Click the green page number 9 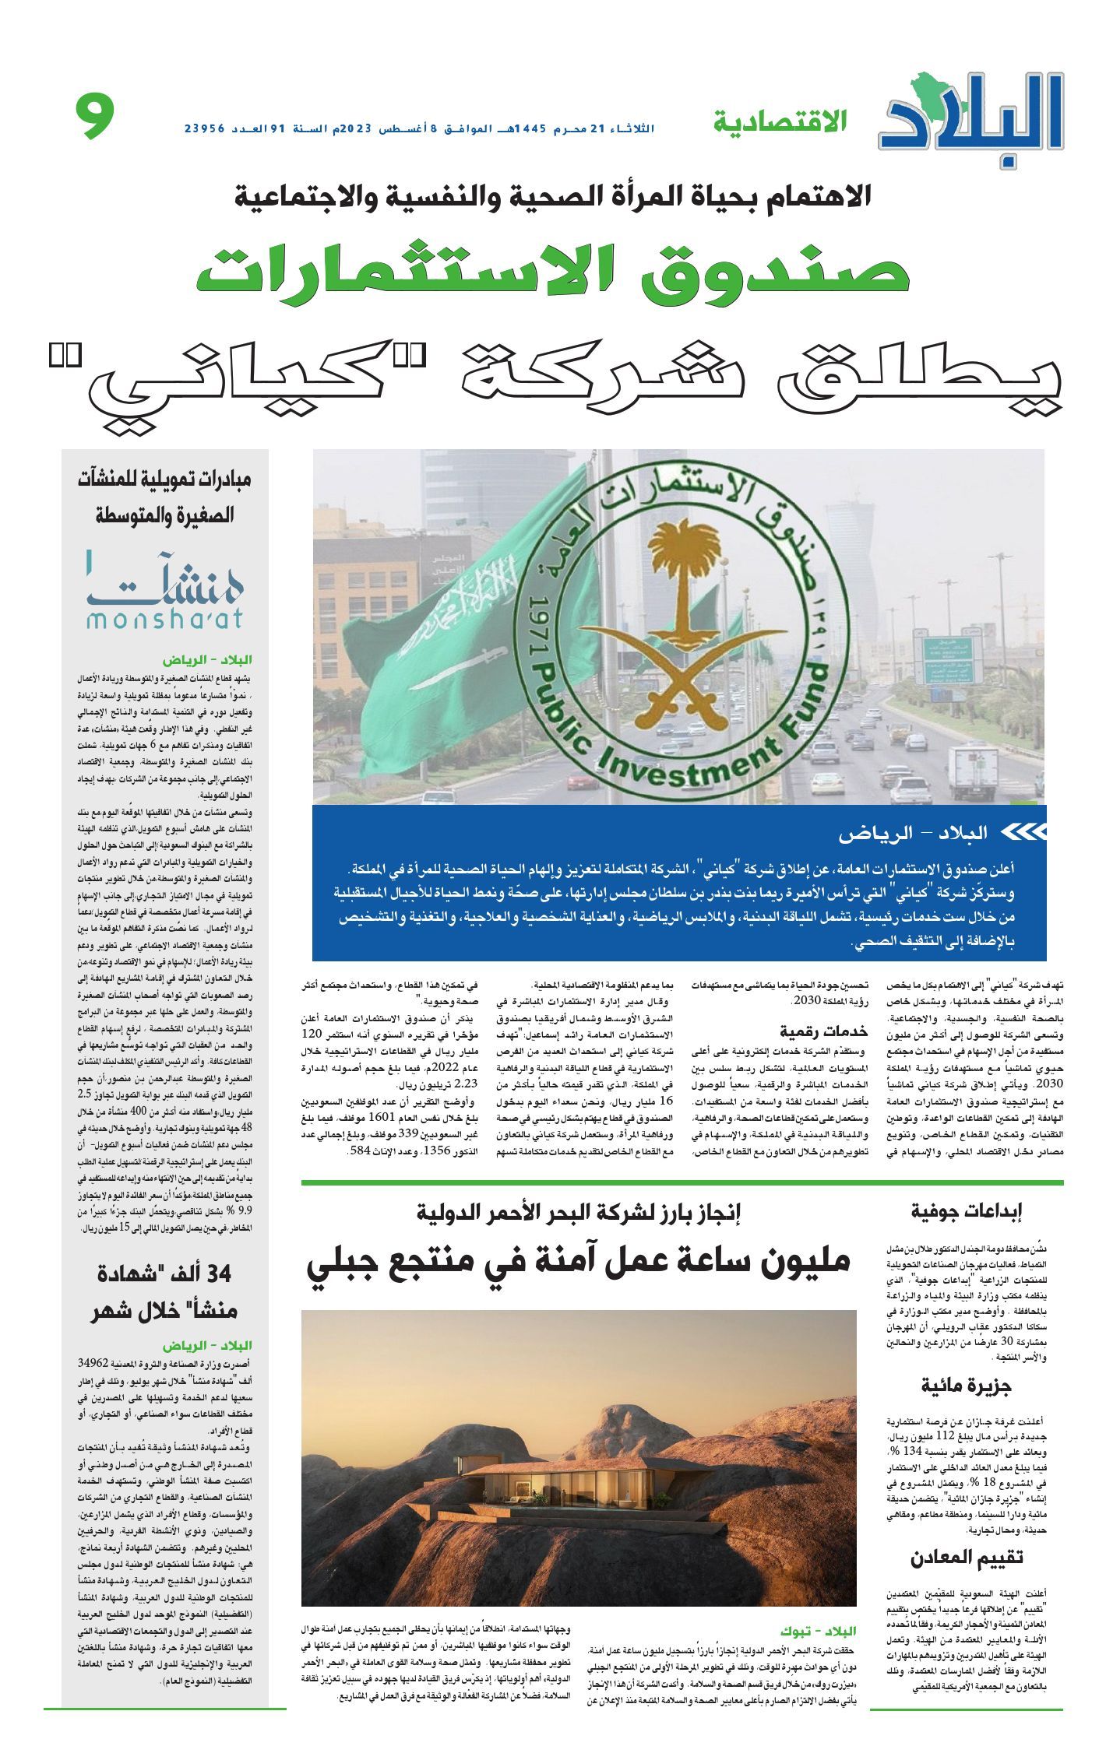pos(95,116)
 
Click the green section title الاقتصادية pos(780,121)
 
